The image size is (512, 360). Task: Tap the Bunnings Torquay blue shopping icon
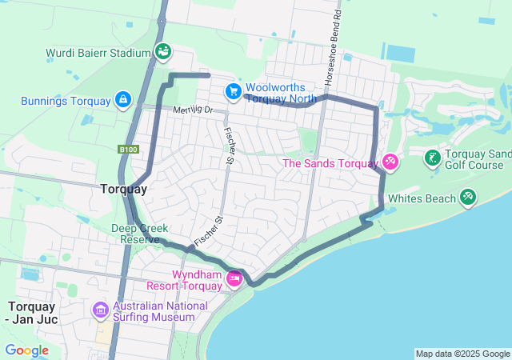(122, 100)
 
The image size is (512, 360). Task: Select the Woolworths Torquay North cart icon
(233, 92)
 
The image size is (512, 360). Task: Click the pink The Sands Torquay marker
(390, 162)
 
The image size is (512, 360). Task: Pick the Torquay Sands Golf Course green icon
(432, 158)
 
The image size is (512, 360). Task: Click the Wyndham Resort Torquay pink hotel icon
(234, 278)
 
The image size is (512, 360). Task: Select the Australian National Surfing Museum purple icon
(101, 310)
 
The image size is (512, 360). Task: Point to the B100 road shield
(128, 150)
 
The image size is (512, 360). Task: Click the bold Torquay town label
(124, 190)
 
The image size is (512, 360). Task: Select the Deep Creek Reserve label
(140, 234)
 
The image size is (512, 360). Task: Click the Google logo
(26, 350)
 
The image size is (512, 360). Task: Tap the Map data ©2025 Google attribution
(462, 354)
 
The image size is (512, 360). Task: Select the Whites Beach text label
(422, 198)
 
